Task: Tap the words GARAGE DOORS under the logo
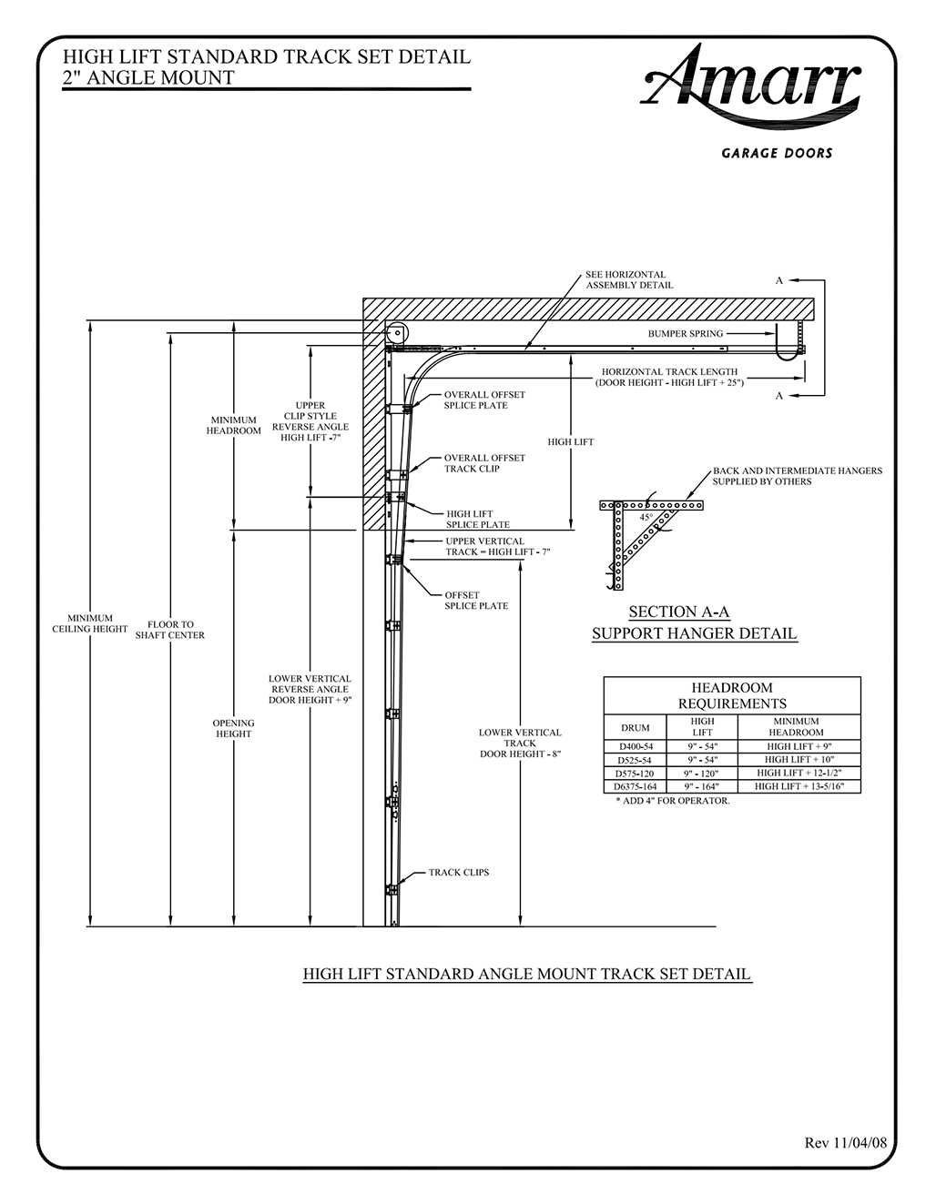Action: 777,153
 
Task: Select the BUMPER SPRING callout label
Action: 685,334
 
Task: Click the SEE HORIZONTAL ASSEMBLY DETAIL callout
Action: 629,279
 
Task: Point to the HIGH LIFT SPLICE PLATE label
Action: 477,519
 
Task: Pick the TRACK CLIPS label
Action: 459,873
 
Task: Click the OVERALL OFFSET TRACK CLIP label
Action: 483,463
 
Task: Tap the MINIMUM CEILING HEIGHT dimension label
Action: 89,623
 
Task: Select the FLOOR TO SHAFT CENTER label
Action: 170,630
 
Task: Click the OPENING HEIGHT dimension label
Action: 234,728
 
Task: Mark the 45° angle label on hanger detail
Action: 646,517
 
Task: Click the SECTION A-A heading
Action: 679,612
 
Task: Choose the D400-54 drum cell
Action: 635,746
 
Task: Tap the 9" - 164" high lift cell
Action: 702,786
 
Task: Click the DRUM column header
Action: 635,727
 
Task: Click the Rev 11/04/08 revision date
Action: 846,1142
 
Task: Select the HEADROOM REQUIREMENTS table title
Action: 731,695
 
